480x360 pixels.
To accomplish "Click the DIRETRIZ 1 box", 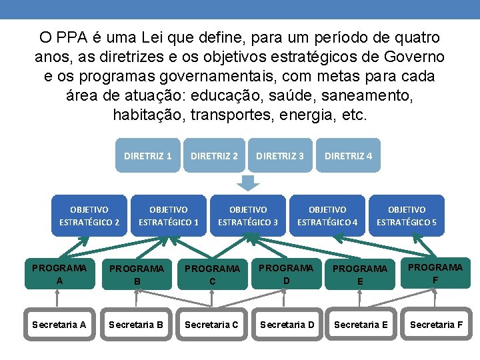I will click(x=147, y=156).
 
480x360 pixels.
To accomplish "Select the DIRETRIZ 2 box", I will click(x=214, y=156).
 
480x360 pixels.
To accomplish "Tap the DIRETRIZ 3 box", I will click(x=280, y=156).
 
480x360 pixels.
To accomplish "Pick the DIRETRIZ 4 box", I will click(x=348, y=156).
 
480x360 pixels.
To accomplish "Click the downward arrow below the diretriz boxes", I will click(x=249, y=182).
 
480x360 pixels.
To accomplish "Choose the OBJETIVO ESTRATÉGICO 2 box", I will click(x=89, y=216).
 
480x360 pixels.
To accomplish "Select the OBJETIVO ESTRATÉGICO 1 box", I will click(x=169, y=216).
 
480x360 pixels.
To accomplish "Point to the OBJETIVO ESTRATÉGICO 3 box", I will click(x=248, y=216).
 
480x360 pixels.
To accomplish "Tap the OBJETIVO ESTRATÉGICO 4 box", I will click(x=327, y=216).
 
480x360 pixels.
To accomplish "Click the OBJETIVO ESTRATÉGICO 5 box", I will click(x=407, y=216).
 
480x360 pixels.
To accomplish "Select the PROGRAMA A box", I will click(x=59, y=274).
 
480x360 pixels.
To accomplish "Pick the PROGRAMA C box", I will click(x=212, y=275).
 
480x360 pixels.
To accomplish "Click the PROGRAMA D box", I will click(x=287, y=274).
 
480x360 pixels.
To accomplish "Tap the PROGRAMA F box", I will click(x=435, y=273).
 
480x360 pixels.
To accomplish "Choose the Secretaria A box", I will click(x=59, y=325).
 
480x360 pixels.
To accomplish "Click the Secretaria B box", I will click(x=136, y=325).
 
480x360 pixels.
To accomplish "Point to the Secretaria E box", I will click(x=361, y=325).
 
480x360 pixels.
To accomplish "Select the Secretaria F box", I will click(x=436, y=325).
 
